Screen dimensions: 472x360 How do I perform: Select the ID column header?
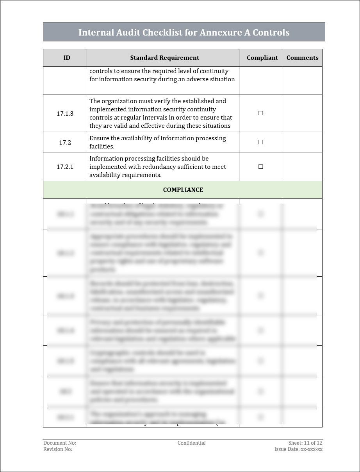click(67, 58)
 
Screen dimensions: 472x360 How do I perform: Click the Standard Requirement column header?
click(164, 58)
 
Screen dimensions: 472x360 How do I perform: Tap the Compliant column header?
click(262, 58)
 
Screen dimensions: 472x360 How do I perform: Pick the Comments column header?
click(302, 58)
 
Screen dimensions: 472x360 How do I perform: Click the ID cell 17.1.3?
click(65, 113)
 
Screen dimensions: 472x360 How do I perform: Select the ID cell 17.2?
click(65, 142)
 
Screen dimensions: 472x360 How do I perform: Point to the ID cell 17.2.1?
click(65, 167)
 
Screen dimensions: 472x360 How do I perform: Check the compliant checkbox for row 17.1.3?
click(261, 113)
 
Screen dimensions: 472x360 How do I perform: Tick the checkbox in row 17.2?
click(261, 142)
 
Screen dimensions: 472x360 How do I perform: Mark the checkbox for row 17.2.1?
click(261, 167)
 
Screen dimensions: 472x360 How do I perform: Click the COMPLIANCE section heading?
click(183, 190)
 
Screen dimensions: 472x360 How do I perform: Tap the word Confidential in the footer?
click(191, 443)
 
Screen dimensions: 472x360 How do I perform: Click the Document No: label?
click(60, 443)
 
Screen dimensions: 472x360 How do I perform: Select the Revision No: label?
click(58, 449)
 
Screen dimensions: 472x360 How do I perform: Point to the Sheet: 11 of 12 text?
click(305, 443)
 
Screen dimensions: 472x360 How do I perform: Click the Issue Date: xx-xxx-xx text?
click(298, 449)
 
